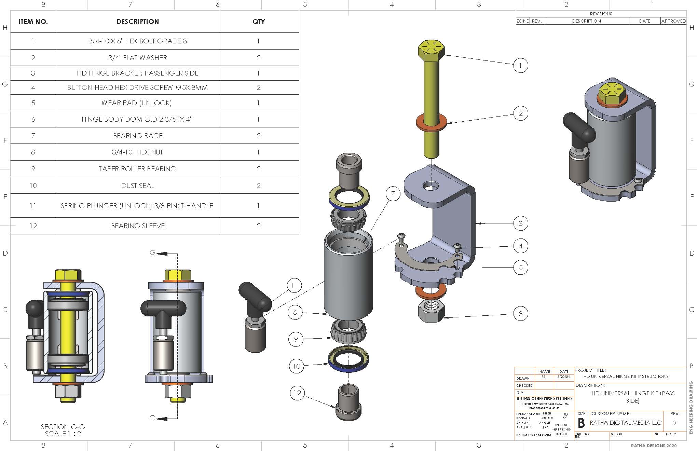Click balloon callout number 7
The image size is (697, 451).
point(393,194)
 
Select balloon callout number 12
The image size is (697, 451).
point(297,393)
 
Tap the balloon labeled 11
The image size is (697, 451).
point(294,285)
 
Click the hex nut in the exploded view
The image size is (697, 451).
point(431,311)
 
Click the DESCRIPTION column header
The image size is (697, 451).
point(138,22)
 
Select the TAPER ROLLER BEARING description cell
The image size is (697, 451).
point(138,169)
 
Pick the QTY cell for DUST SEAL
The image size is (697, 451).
point(259,186)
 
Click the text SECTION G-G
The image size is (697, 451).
point(63,427)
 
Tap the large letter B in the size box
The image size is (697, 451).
point(581,423)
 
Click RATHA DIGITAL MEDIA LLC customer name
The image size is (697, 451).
point(626,423)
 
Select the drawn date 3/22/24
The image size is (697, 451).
point(564,377)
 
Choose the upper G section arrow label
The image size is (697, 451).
point(152,253)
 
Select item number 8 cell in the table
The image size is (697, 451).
point(33,152)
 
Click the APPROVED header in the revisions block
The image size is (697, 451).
point(673,21)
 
